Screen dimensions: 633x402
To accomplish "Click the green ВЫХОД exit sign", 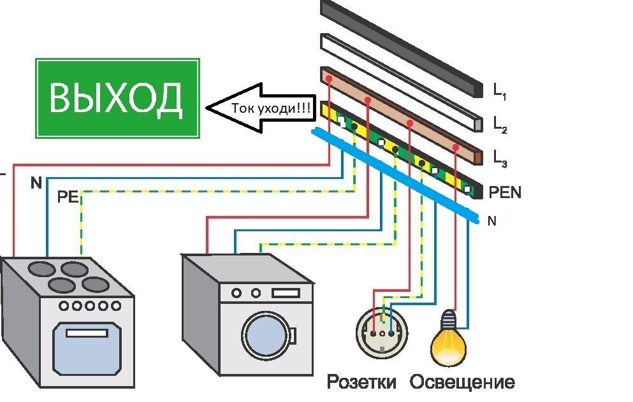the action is point(117,99).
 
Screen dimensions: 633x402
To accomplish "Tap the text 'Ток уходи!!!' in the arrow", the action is point(271,108).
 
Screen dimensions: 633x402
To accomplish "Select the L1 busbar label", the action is point(500,91).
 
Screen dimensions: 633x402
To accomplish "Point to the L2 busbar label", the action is point(500,124).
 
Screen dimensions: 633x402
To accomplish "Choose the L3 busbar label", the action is point(500,158).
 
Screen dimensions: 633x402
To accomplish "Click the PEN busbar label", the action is point(505,192).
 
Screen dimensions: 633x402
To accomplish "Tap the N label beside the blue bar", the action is point(491,221).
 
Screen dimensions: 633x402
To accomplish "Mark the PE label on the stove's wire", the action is point(68,197).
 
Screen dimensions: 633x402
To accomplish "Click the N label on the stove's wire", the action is point(36,183).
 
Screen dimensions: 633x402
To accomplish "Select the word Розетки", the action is point(361,382).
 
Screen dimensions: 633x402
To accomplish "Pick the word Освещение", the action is point(462,382).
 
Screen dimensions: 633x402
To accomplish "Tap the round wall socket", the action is point(382,333).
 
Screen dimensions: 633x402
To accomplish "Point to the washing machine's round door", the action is point(268,334).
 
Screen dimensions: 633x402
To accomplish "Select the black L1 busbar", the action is point(402,49).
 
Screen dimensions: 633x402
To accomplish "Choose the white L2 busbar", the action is point(402,83).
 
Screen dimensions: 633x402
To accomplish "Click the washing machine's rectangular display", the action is point(286,292).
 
